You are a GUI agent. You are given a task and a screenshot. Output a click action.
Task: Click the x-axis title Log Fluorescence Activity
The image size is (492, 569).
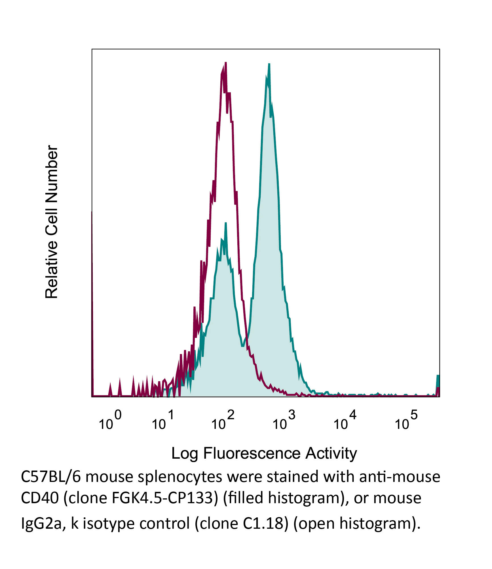(264, 453)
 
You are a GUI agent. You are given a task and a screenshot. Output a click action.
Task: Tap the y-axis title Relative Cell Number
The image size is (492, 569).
(52, 222)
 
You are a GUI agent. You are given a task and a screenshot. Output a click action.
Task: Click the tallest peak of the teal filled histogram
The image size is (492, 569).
(269, 65)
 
